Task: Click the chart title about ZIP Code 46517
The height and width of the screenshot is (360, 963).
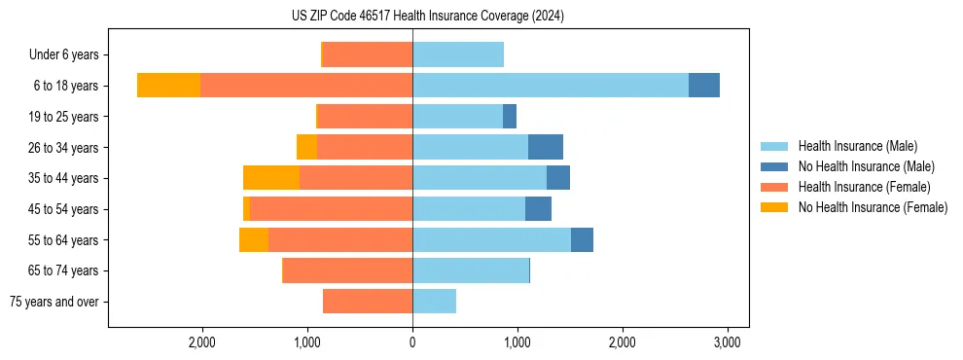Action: point(428,16)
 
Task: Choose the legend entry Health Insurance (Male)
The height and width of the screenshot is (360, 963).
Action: point(858,146)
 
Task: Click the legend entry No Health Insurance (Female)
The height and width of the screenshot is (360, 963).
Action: point(873,207)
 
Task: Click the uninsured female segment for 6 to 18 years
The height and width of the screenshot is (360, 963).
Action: point(168,86)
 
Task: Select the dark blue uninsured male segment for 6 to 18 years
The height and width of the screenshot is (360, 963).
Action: point(704,86)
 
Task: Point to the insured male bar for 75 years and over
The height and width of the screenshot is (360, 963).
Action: point(434,302)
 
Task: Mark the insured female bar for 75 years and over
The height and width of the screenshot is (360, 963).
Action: point(368,302)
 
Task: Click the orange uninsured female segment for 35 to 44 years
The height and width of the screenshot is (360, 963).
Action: point(271,178)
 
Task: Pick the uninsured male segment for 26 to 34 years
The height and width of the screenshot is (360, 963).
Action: point(546,147)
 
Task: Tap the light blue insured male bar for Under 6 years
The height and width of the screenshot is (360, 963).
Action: point(458,54)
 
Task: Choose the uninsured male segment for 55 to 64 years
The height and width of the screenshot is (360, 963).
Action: point(582,239)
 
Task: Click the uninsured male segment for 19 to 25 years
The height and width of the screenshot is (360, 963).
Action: point(510,117)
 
